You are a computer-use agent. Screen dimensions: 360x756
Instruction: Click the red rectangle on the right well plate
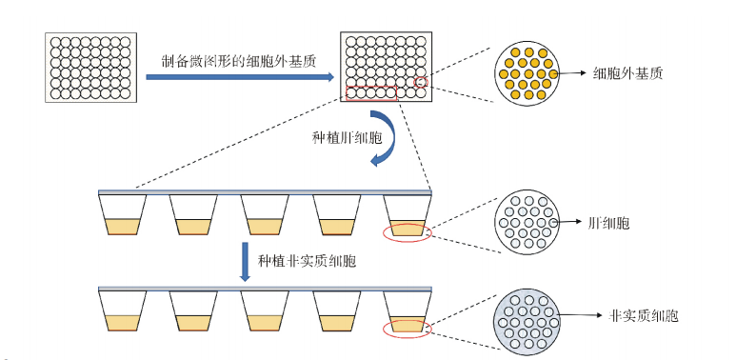(x=370, y=92)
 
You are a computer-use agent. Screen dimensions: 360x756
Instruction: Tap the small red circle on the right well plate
(x=421, y=83)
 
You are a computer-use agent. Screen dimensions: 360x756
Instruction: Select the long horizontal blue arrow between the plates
(x=238, y=78)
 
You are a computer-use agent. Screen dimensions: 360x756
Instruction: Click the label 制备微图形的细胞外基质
(x=237, y=60)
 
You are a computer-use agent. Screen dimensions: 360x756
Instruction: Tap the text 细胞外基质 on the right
(x=628, y=72)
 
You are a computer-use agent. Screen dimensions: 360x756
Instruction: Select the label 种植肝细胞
(x=347, y=136)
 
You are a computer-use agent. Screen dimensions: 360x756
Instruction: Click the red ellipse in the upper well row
(x=407, y=231)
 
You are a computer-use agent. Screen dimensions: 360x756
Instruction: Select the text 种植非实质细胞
(x=304, y=259)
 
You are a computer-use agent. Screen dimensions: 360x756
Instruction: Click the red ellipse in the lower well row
(x=407, y=329)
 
